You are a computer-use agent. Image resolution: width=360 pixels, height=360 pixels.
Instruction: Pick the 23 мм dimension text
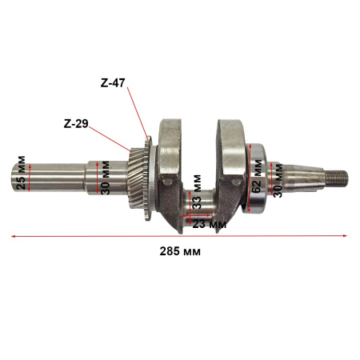click(x=209, y=225)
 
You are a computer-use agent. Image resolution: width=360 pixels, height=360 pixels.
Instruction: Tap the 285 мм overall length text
click(x=181, y=251)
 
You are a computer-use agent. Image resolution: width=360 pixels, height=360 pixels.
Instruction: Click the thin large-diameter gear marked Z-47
click(x=148, y=178)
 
